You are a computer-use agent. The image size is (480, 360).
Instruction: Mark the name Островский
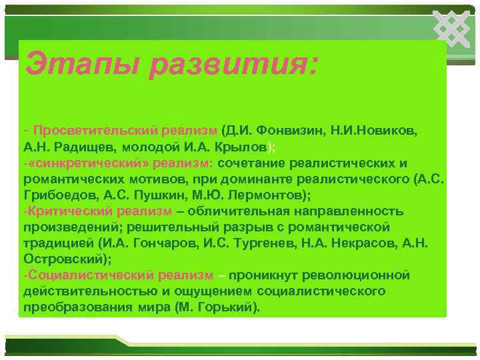click(x=63, y=259)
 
